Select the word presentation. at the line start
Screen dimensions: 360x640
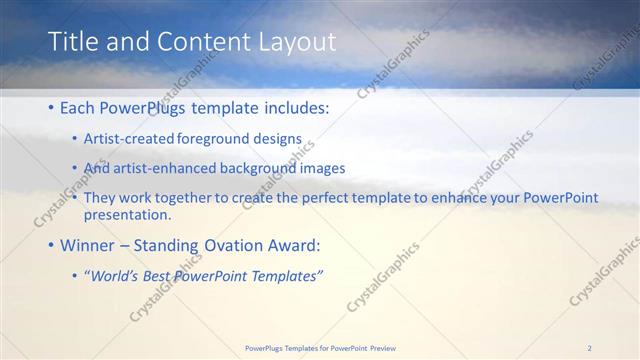pyautogui.click(x=128, y=214)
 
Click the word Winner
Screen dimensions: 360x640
pyautogui.click(x=90, y=245)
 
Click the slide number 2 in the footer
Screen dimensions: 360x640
pyautogui.click(x=590, y=347)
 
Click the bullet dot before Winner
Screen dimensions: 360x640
pyautogui.click(x=52, y=245)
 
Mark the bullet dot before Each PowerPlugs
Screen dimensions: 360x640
pyautogui.click(x=52, y=107)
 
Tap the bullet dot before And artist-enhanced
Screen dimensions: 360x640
pyautogui.click(x=76, y=168)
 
